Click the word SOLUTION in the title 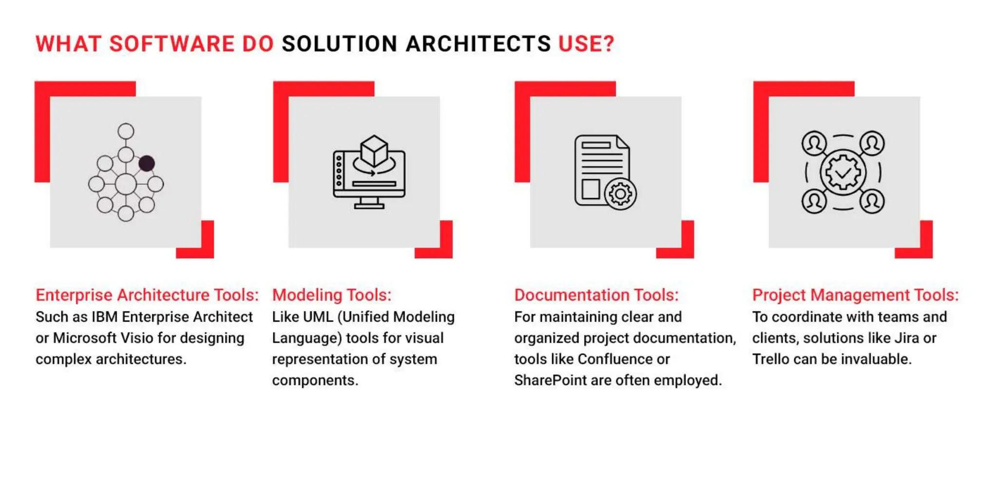(x=339, y=44)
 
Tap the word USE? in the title (x=586, y=44)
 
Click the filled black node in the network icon (x=147, y=163)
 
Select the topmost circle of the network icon (x=126, y=131)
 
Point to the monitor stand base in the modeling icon (x=369, y=206)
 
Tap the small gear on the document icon (x=620, y=194)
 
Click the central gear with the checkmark (x=843, y=173)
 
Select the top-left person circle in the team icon (x=814, y=143)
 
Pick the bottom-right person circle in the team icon (x=872, y=201)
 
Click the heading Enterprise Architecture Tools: (x=147, y=295)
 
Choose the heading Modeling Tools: (x=331, y=295)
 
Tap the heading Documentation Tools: (x=596, y=295)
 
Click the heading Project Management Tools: (x=855, y=295)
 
